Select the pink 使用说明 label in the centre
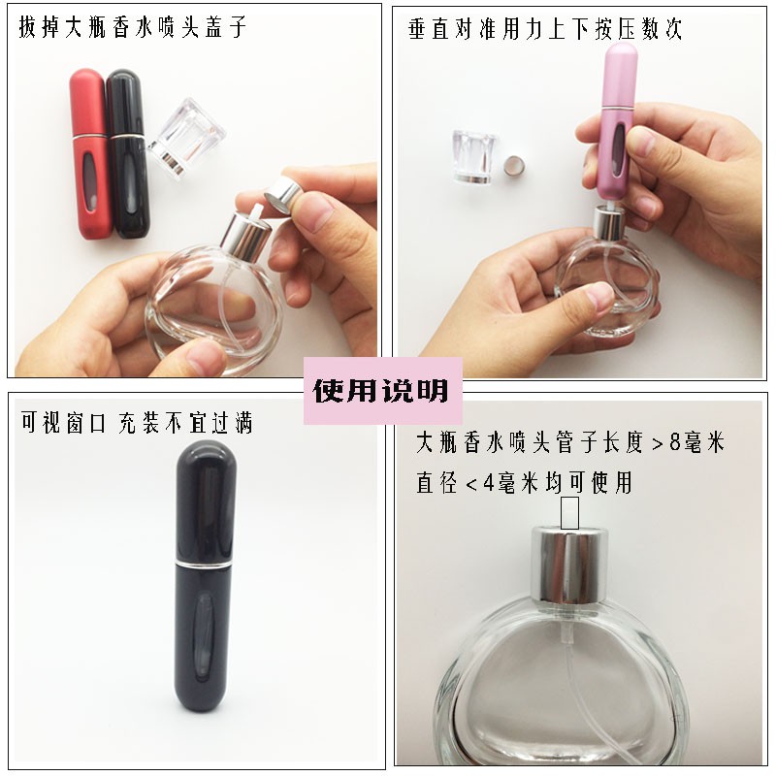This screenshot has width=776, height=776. point(380,391)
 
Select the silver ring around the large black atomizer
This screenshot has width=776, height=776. point(207,563)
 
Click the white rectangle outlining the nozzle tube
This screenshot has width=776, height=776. point(569,512)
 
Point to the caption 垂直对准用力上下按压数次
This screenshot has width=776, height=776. point(545,28)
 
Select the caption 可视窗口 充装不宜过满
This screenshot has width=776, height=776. point(137,423)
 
